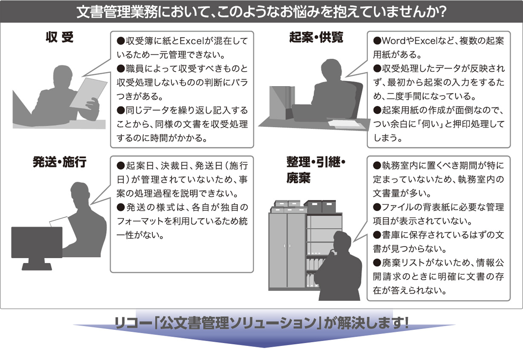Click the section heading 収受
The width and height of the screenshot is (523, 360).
click(x=60, y=37)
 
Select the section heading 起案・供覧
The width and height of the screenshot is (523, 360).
click(x=316, y=37)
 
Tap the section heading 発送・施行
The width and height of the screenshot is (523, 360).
click(x=60, y=162)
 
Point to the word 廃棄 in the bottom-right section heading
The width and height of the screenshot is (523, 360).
click(x=298, y=178)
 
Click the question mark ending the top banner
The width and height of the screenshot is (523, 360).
click(x=442, y=11)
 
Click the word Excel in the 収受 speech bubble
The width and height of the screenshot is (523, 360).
click(x=192, y=41)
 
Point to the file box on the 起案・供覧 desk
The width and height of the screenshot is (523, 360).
click(x=282, y=103)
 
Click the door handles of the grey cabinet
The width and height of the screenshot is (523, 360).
click(x=287, y=246)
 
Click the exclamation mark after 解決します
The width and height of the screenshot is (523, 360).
click(x=406, y=322)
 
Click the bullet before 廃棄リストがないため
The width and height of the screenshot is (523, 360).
click(x=377, y=263)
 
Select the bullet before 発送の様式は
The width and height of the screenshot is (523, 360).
click(x=121, y=207)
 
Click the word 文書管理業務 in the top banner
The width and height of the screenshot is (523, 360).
click(x=117, y=12)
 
